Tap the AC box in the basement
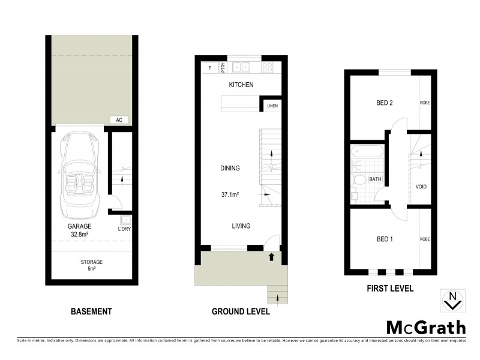click(x=119, y=120)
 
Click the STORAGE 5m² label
click(x=92, y=265)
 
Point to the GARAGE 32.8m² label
click(x=79, y=230)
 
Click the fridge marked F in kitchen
click(x=209, y=68)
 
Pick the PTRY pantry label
click(x=223, y=67)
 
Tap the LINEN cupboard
click(x=272, y=107)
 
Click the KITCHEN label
click(x=241, y=85)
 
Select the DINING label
click(x=230, y=169)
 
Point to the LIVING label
click(x=241, y=226)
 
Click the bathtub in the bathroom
click(x=367, y=152)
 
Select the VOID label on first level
click(x=421, y=187)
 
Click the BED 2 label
click(x=384, y=103)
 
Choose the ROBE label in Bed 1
click(x=425, y=239)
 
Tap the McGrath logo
click(x=425, y=328)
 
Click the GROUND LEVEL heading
click(x=241, y=311)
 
